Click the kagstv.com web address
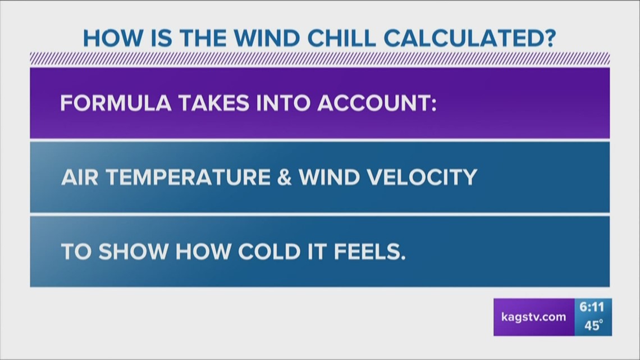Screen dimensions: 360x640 (533, 317)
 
